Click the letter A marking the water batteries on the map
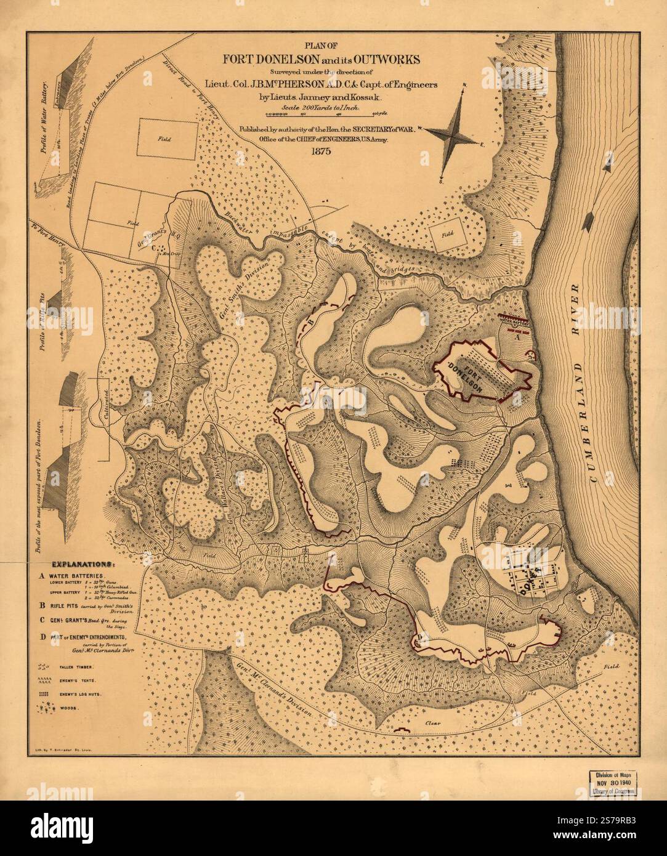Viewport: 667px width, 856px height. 517,336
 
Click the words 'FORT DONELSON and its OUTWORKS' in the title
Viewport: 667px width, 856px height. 322,60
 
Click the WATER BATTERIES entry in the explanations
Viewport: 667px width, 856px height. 80,578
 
